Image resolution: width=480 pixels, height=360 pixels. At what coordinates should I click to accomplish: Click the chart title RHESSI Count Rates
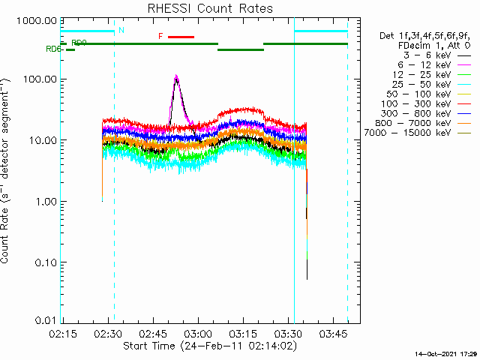click(210, 8)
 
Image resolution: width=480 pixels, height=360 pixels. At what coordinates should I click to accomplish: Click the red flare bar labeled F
click(181, 36)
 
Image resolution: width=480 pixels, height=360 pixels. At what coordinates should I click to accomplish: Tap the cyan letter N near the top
click(121, 30)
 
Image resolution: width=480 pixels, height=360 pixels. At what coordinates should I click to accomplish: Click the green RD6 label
click(53, 49)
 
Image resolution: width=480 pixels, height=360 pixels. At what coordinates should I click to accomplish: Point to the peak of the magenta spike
click(176, 76)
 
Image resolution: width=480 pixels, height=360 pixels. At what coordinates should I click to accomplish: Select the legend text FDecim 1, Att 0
click(430, 46)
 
